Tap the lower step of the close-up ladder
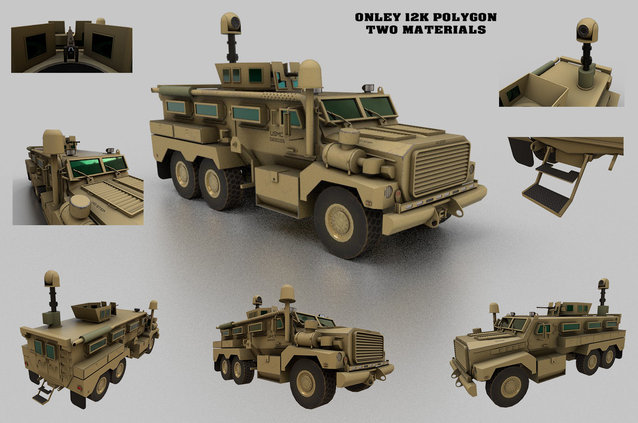coord(545,191)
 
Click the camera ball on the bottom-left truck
coord(51,279)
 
